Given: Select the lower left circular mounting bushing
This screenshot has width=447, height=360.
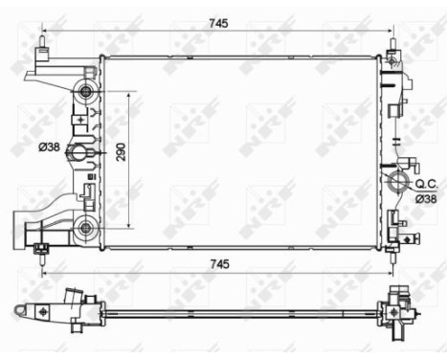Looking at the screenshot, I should coord(87,227).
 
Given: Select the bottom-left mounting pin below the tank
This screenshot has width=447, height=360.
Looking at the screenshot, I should coord(41,251).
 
